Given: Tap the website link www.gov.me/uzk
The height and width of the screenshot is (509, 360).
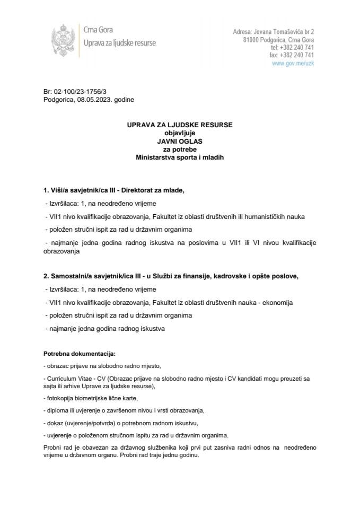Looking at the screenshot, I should (x=293, y=63).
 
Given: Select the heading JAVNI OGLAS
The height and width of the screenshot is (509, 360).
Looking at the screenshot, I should (x=179, y=142).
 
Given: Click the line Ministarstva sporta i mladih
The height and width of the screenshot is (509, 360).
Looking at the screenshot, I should (x=179, y=157).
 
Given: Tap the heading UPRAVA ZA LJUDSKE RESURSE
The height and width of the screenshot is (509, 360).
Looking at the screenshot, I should (x=179, y=126).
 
